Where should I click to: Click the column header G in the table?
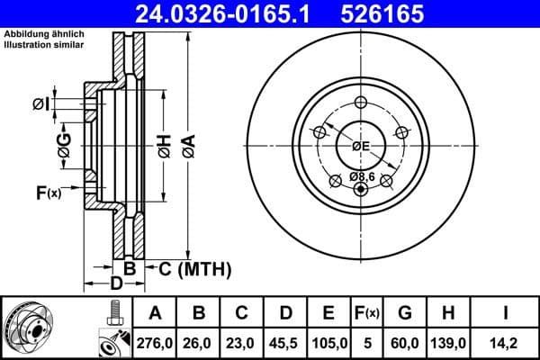tap(405, 313)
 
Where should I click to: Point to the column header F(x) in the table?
tap(367, 313)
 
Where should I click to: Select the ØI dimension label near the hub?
tap(40, 104)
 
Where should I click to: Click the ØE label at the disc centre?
tap(361, 146)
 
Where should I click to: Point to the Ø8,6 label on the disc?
tap(362, 176)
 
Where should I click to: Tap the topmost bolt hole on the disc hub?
tap(362, 102)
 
